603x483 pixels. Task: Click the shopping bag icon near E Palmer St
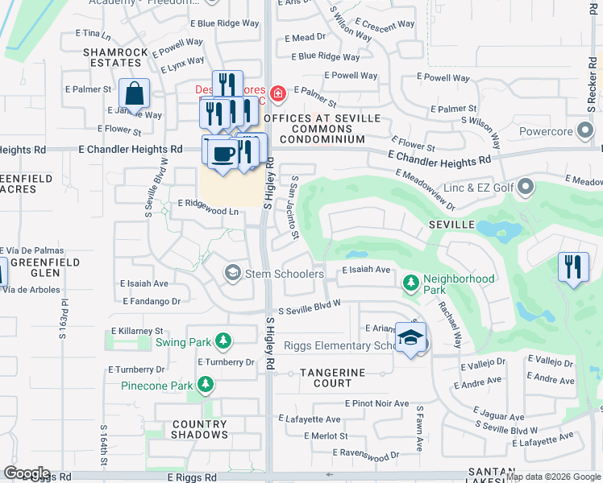(x=134, y=93)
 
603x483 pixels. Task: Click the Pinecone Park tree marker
(x=206, y=385)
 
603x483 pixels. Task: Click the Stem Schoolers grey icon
(x=233, y=274)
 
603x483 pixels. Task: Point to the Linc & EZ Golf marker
(x=526, y=188)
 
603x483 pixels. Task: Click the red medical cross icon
(x=278, y=94)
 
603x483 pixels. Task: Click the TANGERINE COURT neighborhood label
(x=333, y=378)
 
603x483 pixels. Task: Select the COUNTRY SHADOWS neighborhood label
(x=199, y=429)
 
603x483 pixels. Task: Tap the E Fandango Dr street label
(x=152, y=301)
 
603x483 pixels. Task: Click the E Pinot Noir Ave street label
(x=376, y=403)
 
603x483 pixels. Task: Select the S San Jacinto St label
(x=294, y=208)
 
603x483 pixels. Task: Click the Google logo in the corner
(x=26, y=474)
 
